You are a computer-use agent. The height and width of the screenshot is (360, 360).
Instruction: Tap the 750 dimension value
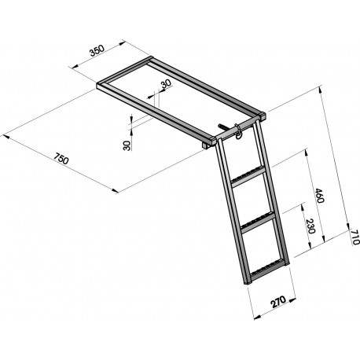point(60,163)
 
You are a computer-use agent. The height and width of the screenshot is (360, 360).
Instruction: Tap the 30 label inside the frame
point(165,85)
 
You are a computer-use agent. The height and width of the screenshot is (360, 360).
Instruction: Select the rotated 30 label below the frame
point(127,145)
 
